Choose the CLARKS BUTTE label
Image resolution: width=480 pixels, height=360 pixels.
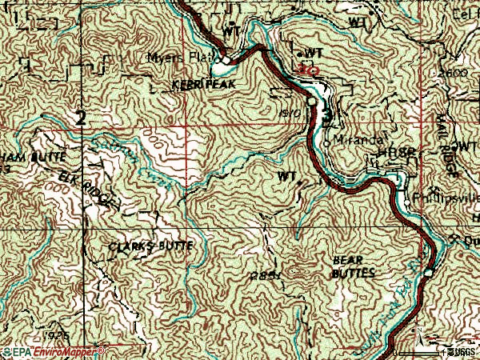[150, 246]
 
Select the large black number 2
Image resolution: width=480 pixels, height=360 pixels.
[80, 118]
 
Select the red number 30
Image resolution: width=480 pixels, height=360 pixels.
[307, 70]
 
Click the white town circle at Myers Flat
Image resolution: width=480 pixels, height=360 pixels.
[227, 59]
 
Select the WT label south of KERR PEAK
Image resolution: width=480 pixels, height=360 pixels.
[286, 174]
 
